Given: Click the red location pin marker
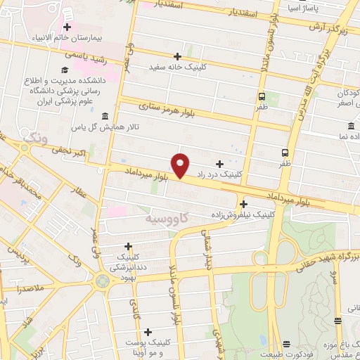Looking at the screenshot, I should point(181,165).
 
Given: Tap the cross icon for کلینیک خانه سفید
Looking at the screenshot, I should point(177,56).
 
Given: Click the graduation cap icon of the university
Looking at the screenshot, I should point(65,70).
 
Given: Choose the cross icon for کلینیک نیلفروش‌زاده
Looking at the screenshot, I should point(243,202).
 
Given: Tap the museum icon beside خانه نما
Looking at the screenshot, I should point(349,127).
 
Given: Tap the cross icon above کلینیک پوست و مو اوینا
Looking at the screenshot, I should point(147,331).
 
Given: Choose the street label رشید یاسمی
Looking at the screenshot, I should point(85,53).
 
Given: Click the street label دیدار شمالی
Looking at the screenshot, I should point(205,250).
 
